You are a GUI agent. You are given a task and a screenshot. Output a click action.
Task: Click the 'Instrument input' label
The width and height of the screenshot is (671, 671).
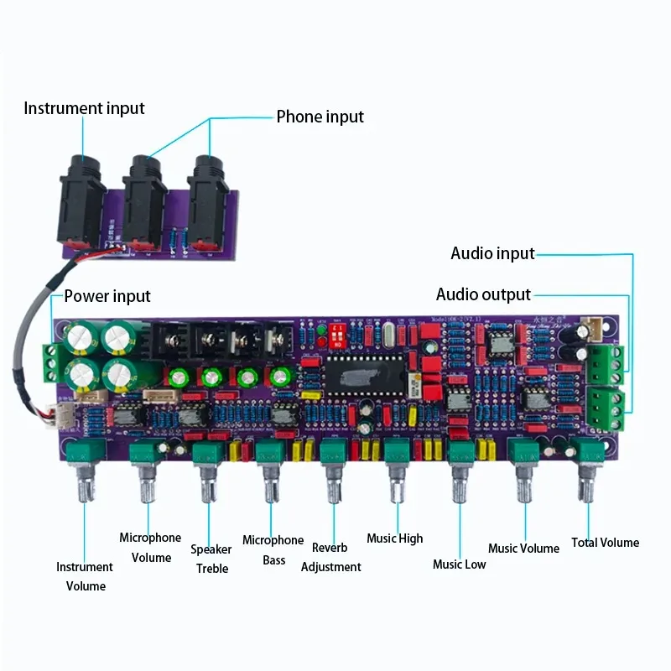(x=84, y=108)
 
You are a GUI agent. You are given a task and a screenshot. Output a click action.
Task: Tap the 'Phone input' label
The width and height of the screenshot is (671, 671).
(x=320, y=117)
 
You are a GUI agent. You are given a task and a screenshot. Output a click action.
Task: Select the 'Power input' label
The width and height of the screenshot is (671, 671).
(x=107, y=296)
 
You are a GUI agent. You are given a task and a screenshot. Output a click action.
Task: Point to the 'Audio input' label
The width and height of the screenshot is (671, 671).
(x=492, y=253)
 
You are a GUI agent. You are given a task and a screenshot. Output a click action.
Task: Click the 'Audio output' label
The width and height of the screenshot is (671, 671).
(x=483, y=294)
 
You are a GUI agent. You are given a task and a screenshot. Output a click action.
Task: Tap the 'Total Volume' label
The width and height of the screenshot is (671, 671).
(x=605, y=543)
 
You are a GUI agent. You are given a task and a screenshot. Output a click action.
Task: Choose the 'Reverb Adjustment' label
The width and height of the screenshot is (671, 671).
(x=330, y=557)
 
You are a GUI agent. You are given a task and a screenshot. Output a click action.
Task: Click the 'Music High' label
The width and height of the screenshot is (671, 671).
(x=394, y=538)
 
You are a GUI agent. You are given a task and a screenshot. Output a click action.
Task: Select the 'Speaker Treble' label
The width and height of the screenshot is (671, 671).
(x=211, y=559)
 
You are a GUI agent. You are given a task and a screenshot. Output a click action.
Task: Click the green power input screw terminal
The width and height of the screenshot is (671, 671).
(x=52, y=358)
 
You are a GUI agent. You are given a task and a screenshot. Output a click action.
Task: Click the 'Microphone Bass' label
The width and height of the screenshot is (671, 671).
(x=273, y=550)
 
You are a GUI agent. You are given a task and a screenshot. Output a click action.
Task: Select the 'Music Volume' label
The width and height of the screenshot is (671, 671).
(x=523, y=549)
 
